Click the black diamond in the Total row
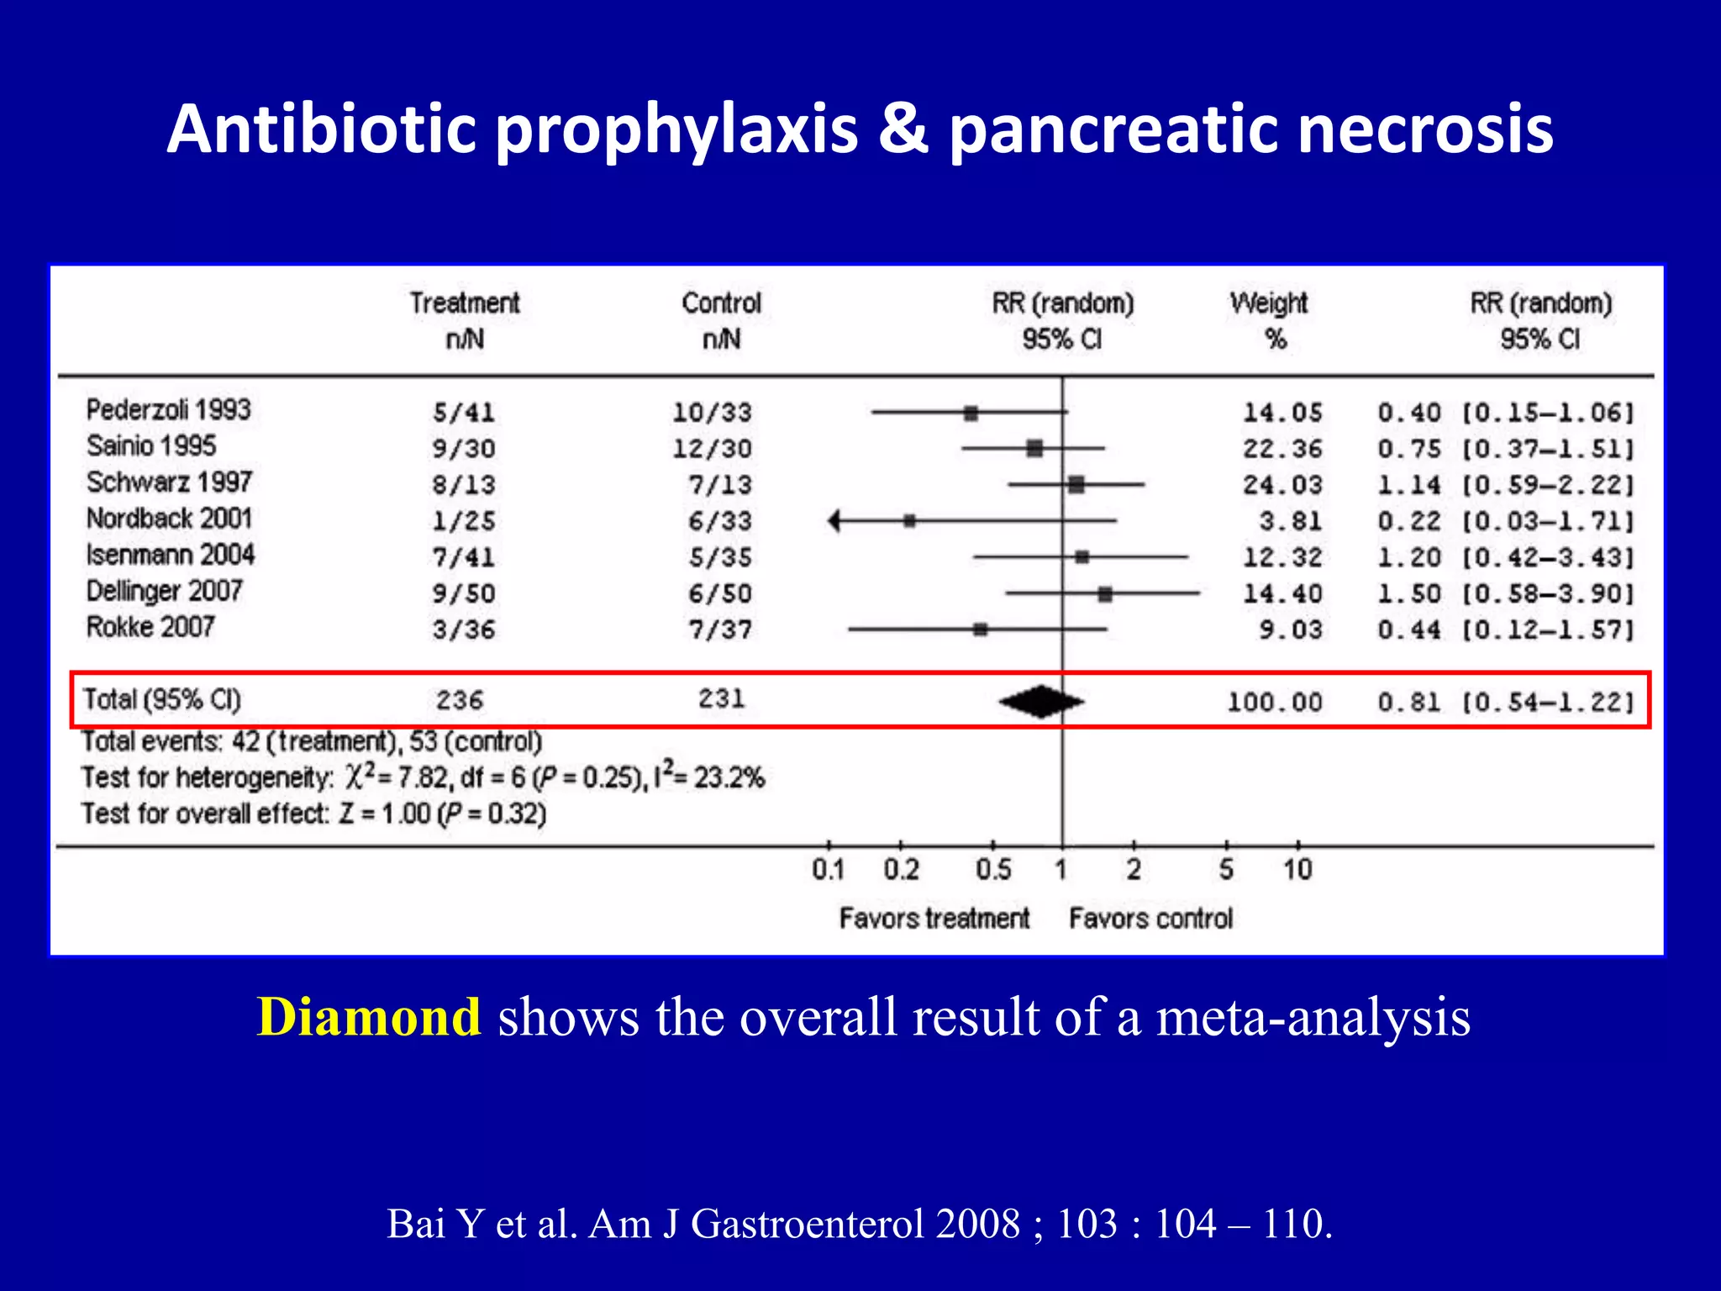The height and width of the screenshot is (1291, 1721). (1041, 702)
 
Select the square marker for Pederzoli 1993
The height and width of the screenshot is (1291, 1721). (971, 413)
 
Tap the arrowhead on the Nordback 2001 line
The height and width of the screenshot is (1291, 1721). (834, 521)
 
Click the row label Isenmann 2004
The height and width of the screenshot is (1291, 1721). (170, 555)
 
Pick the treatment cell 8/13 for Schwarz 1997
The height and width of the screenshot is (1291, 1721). (464, 485)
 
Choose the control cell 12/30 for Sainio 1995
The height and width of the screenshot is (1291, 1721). (712, 449)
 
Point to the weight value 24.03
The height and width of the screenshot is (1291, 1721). (1282, 485)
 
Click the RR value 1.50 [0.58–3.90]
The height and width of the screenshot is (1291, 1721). (1505, 593)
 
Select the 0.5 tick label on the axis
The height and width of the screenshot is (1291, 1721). (993, 869)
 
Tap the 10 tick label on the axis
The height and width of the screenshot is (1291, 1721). (1297, 869)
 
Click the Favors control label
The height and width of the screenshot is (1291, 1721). (1150, 918)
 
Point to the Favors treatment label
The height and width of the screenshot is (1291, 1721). (934, 918)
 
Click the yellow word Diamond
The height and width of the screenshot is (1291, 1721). (368, 1017)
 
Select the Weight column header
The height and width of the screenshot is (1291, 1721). (1269, 303)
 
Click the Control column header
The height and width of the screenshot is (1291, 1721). (721, 303)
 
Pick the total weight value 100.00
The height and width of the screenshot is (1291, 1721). (1274, 702)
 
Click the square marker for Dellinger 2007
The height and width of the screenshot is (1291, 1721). (1105, 594)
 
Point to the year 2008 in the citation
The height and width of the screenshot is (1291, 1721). (977, 1224)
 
